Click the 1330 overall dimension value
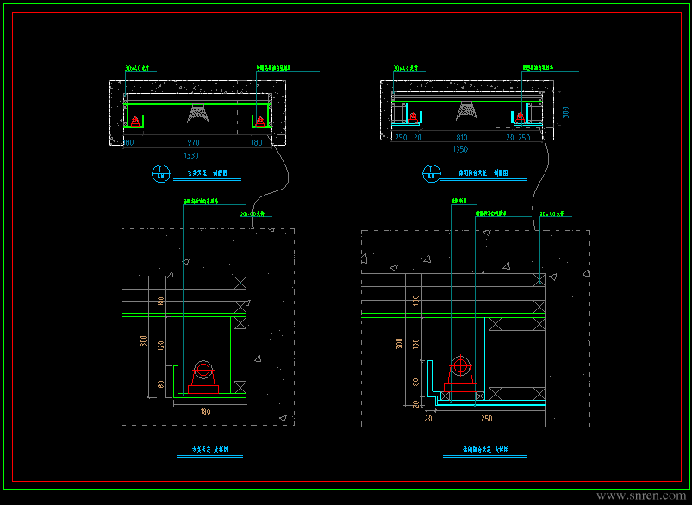(x=191, y=155)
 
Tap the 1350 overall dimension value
(x=461, y=149)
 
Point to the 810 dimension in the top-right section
(x=462, y=137)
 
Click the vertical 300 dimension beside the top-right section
(x=565, y=112)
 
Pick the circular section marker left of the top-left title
(x=160, y=173)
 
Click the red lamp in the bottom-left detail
(x=204, y=377)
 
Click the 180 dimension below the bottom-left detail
(x=205, y=412)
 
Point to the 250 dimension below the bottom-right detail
(x=487, y=418)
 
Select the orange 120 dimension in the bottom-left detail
(x=159, y=346)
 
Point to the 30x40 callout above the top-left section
(x=137, y=66)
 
